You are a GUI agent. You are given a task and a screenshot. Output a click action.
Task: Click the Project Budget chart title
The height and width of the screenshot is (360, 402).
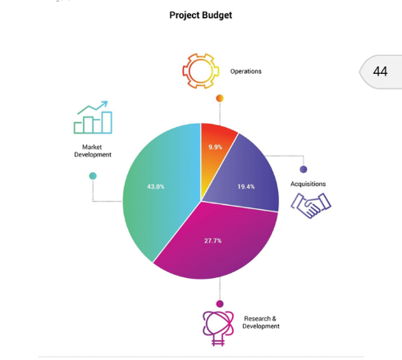point(201,16)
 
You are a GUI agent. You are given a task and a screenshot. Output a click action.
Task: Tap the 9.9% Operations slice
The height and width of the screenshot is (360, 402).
point(215,153)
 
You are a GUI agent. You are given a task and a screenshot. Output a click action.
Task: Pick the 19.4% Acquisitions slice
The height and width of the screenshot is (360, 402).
point(246,180)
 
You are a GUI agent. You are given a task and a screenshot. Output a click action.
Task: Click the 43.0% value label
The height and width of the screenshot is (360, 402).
point(156,187)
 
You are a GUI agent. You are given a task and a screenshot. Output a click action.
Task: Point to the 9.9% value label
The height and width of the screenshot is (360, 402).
point(215,147)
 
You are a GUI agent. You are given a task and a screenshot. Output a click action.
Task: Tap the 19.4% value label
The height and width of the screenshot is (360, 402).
point(246,187)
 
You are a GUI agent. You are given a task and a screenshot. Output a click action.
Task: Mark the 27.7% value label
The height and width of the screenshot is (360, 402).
point(212,241)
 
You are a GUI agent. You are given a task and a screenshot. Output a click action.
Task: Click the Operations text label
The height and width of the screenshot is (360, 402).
point(246,71)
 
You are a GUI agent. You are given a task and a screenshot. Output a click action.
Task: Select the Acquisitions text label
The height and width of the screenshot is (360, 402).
point(308,184)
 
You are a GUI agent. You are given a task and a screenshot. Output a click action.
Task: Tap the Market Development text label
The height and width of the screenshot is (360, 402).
point(93,151)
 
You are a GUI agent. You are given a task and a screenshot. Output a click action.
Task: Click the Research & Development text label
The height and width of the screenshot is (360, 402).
point(261,322)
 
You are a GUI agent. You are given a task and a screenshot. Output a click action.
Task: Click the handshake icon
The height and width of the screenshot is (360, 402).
point(311,206)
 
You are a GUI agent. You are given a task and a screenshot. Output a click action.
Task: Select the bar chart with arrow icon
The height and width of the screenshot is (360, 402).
point(93,117)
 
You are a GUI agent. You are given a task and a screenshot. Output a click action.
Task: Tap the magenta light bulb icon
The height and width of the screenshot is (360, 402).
point(218,328)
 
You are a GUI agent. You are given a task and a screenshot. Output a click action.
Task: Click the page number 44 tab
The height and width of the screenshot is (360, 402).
point(381,71)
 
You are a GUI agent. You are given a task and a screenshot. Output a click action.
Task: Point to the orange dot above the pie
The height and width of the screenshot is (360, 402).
point(220,98)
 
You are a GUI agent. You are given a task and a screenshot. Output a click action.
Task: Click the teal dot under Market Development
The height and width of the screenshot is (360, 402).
point(93,176)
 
